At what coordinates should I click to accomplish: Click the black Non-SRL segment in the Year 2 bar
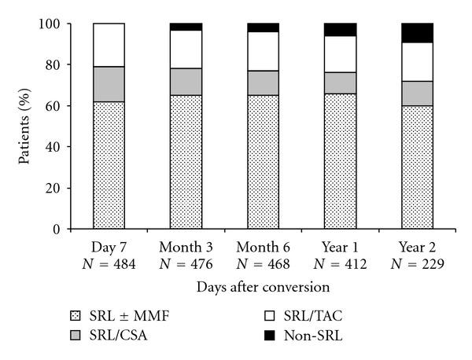pyautogui.click(x=417, y=33)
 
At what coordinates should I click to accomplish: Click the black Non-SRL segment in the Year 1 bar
pyautogui.click(x=340, y=30)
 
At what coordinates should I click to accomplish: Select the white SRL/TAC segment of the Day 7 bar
pyautogui.click(x=109, y=45)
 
